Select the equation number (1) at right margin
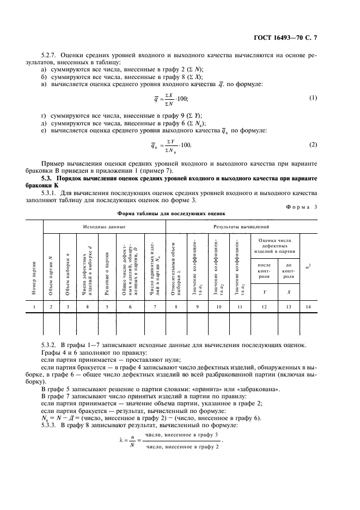(313, 98)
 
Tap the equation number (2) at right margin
(313, 144)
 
